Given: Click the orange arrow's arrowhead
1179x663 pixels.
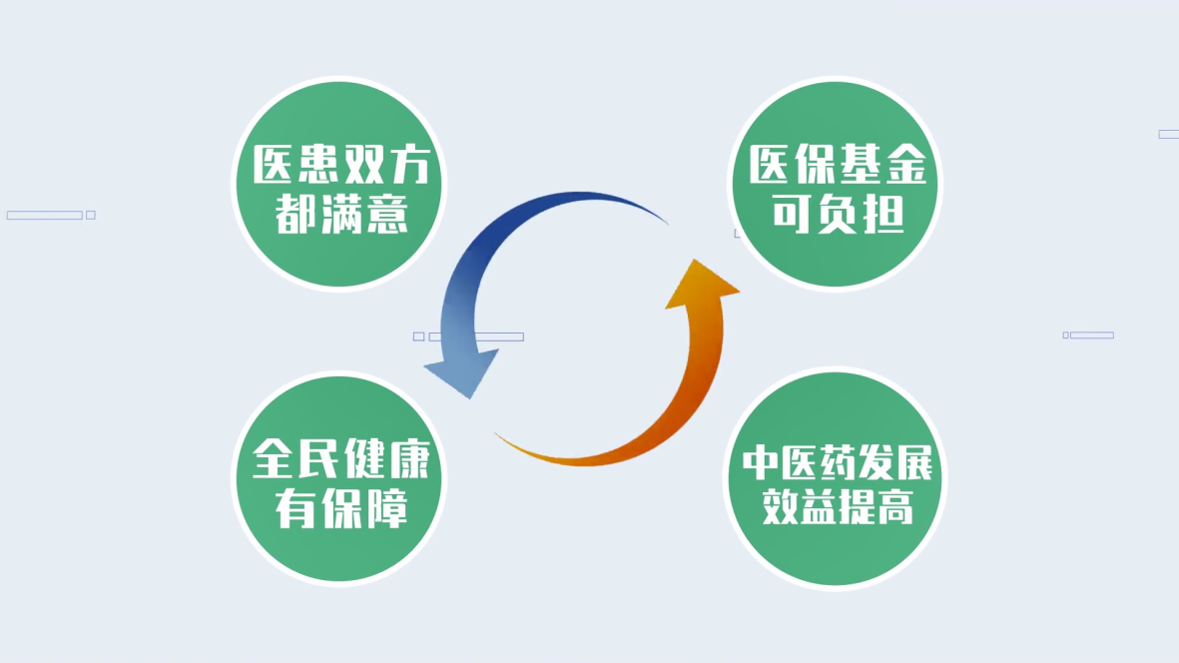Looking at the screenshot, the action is (x=702, y=284).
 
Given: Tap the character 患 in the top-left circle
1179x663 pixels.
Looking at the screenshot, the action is (x=318, y=165).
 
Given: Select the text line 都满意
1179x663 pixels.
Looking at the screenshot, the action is (x=341, y=215).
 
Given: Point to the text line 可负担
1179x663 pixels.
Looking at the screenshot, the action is (x=838, y=215).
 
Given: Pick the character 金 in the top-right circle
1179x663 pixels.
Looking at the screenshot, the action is (x=905, y=164).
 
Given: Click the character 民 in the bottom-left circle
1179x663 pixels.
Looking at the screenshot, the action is (x=318, y=458).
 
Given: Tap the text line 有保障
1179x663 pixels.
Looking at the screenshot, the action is (x=341, y=509).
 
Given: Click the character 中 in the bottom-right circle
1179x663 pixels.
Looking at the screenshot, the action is (x=761, y=463).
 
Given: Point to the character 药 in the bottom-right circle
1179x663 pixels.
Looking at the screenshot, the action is (x=837, y=463).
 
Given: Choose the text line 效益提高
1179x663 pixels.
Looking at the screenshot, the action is (x=838, y=506).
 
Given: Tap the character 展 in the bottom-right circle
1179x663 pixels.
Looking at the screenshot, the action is (x=913, y=463).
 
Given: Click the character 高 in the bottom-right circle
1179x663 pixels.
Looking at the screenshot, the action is (x=895, y=506).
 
